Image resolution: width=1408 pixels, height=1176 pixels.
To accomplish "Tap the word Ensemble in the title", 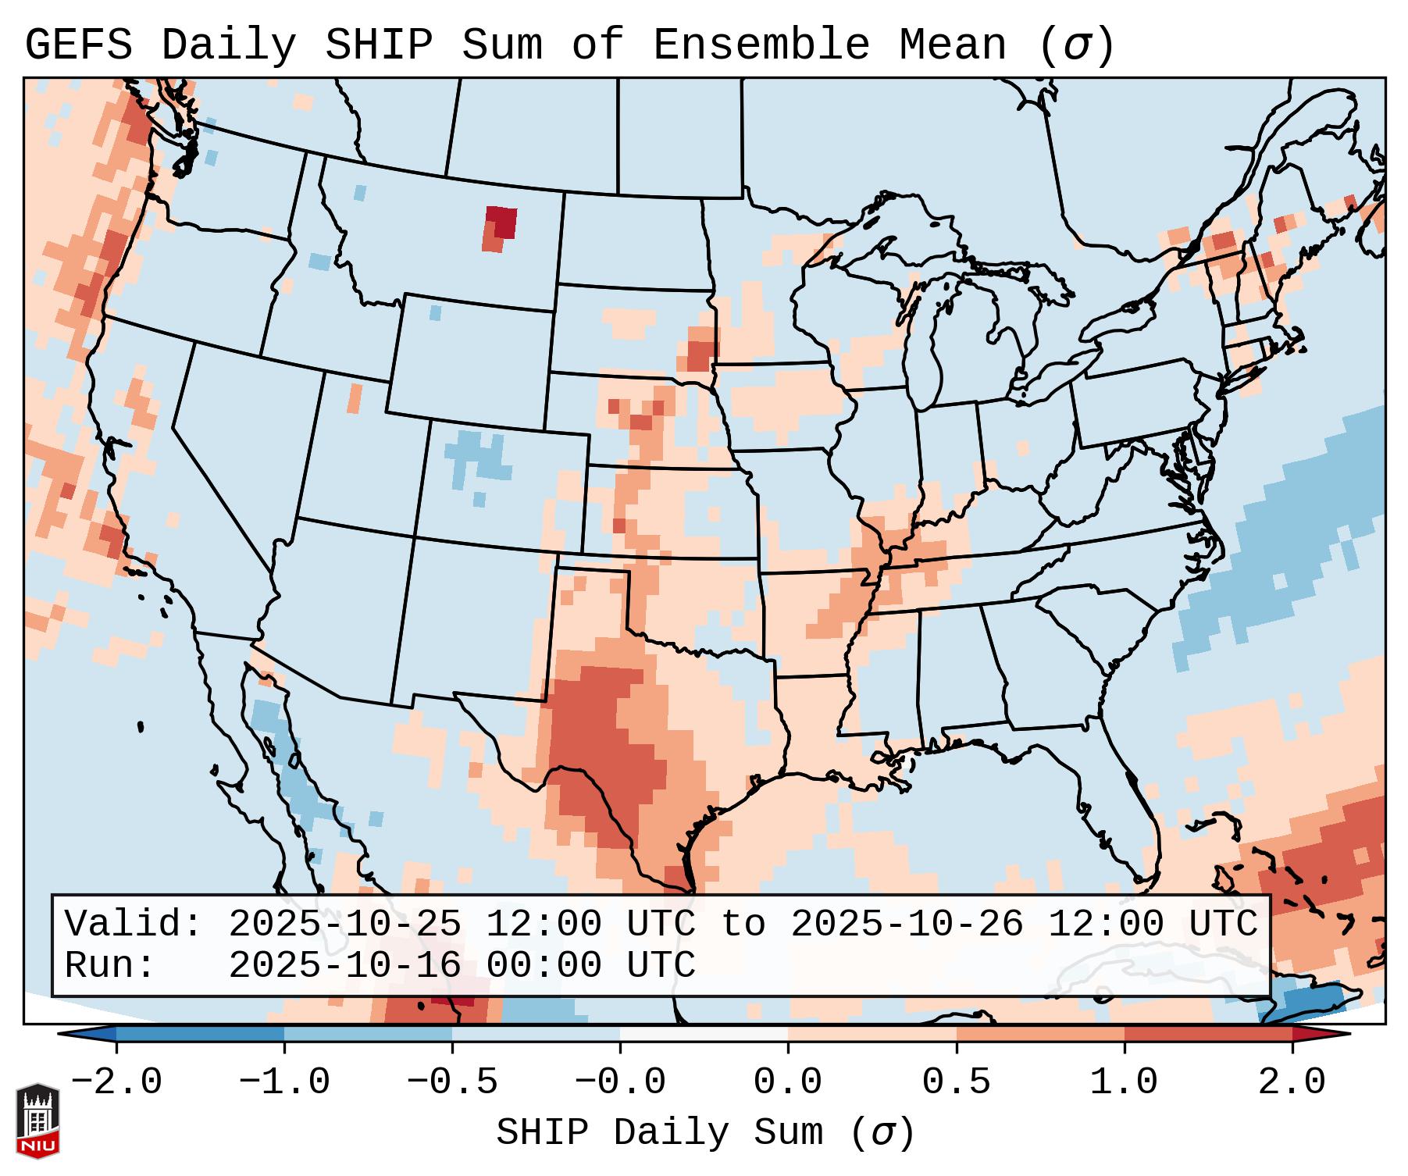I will pyautogui.click(x=761, y=45).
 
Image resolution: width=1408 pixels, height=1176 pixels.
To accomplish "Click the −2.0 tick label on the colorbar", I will pyautogui.click(x=116, y=1082).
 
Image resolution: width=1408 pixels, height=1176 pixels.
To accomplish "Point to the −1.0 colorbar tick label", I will pyautogui.click(x=284, y=1082).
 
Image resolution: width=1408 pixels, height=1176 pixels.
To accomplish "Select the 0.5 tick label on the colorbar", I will pyautogui.click(x=957, y=1082).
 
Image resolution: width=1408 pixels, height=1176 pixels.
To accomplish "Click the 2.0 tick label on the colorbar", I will pyautogui.click(x=1292, y=1082).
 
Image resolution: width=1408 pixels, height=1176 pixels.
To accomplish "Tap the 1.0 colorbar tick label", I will pyautogui.click(x=1125, y=1082).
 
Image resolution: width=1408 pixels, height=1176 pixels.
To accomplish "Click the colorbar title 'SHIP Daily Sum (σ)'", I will pyautogui.click(x=704, y=1132).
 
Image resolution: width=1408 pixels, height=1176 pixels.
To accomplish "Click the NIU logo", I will pyautogui.click(x=37, y=1121).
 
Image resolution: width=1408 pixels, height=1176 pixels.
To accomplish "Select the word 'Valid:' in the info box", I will pyautogui.click(x=134, y=924).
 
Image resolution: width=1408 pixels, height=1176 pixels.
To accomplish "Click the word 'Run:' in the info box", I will pyautogui.click(x=110, y=966).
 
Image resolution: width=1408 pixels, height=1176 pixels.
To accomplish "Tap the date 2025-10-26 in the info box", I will pyautogui.click(x=907, y=924).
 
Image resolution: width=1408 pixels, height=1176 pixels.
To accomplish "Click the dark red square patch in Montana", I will pyautogui.click(x=501, y=221).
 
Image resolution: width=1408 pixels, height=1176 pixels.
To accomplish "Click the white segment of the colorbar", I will pyautogui.click(x=704, y=1034).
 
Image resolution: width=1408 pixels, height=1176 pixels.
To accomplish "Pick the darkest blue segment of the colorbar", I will pyautogui.click(x=200, y=1034).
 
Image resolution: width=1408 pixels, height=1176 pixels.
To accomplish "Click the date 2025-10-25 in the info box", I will pyautogui.click(x=344, y=924).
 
